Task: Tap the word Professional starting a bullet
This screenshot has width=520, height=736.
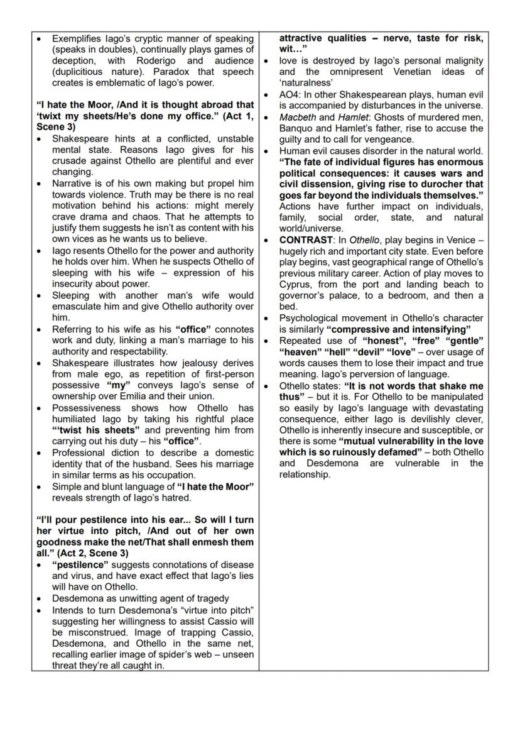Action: point(78,453)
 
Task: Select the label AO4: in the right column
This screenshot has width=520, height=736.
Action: point(292,94)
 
